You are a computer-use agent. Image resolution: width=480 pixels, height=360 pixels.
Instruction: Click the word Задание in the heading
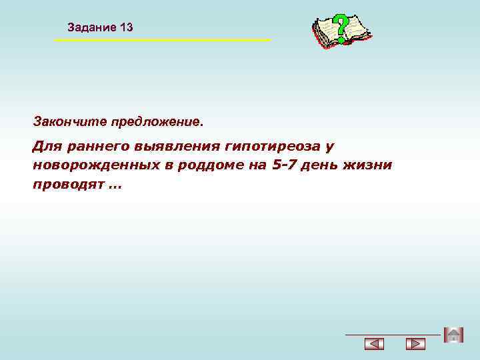[91, 27]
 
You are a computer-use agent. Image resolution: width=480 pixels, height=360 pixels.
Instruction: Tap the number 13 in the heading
[126, 27]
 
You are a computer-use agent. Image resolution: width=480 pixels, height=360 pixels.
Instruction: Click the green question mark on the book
[341, 27]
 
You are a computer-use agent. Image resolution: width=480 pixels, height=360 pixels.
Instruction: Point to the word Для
[46, 145]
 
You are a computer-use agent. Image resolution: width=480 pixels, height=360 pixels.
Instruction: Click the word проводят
[67, 184]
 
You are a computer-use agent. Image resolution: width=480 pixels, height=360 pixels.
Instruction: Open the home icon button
[453, 335]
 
